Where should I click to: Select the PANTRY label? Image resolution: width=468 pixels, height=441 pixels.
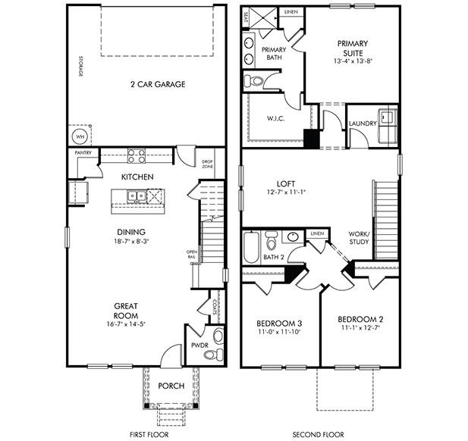click(x=83, y=152)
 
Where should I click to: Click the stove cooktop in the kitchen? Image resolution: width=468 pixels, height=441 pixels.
click(x=137, y=156)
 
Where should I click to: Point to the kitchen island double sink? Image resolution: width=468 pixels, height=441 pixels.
click(x=137, y=196)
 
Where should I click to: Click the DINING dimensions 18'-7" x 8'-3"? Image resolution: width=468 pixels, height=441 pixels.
click(x=131, y=242)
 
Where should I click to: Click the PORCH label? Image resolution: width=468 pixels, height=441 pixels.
click(x=171, y=386)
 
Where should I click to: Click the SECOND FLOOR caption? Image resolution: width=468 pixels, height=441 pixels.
click(x=319, y=435)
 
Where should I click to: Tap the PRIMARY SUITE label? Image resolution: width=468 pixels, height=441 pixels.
click(x=353, y=48)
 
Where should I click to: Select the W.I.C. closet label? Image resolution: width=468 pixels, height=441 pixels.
click(x=275, y=117)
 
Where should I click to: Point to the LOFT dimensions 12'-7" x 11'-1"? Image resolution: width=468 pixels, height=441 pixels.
click(x=285, y=192)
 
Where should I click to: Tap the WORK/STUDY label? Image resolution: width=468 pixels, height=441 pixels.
click(x=359, y=238)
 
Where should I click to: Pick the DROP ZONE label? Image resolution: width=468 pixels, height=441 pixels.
click(x=207, y=163)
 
